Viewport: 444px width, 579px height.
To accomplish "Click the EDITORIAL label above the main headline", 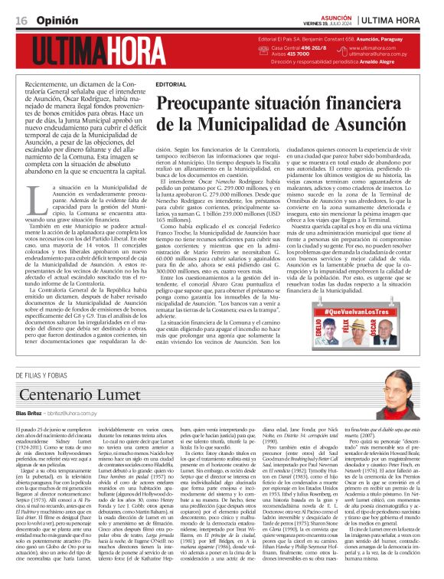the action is [169, 83].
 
